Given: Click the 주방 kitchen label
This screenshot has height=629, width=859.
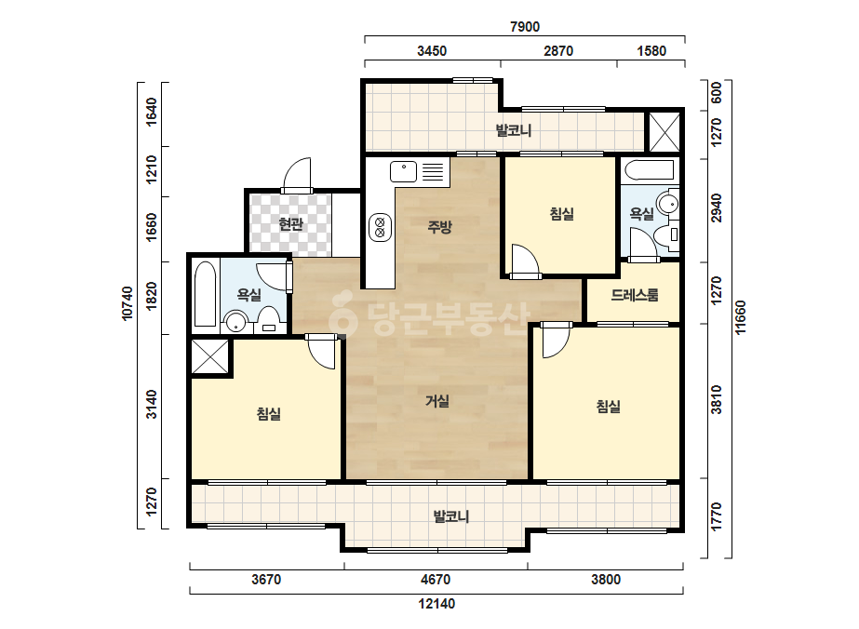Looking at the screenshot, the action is [439, 226].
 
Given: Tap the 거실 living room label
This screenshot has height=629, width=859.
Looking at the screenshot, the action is [437, 401].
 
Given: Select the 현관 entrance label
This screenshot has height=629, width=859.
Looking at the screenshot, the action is [291, 223].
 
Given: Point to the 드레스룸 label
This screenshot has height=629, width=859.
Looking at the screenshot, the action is [635, 295].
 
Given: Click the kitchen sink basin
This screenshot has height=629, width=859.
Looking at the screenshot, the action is [404, 171].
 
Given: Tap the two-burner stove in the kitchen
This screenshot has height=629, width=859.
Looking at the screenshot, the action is [381, 227].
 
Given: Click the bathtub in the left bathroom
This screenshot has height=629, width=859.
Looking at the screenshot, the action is [206, 294].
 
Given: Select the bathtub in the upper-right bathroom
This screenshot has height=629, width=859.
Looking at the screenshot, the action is [649, 170].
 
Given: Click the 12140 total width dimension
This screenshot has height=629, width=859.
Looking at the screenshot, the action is [436, 604].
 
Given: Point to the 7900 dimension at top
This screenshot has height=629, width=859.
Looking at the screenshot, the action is [525, 26].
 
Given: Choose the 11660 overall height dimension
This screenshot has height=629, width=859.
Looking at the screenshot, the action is [740, 317].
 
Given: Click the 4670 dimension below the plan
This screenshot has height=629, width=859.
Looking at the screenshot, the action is [436, 579].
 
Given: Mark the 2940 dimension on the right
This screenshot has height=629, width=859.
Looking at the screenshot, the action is [716, 208].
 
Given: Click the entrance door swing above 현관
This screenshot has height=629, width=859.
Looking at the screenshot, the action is [297, 174].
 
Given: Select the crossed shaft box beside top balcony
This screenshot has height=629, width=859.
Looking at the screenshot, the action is [664, 132].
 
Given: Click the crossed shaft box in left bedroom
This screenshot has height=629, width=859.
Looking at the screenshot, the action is [209, 357].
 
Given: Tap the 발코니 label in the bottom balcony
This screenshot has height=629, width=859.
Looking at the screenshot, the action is [451, 516].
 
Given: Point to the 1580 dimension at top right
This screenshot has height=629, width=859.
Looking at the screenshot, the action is [651, 51].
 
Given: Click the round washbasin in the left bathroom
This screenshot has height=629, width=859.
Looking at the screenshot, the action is [236, 322].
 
